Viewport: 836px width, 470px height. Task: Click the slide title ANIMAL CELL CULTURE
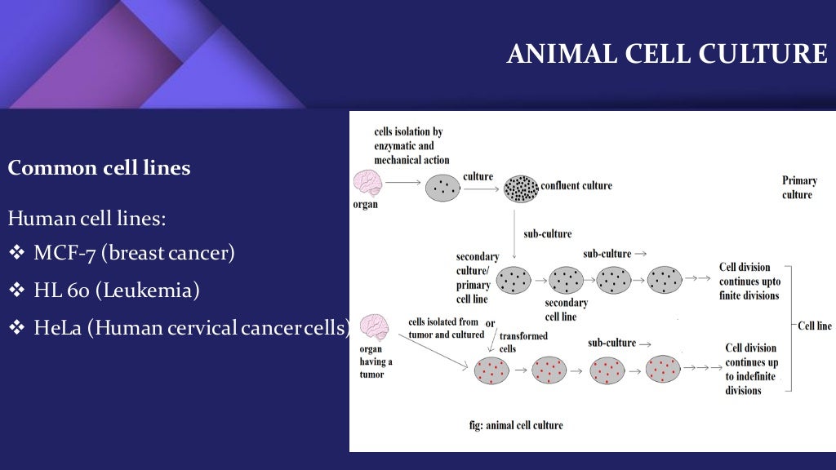click(666, 54)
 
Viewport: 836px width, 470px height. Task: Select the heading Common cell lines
click(99, 168)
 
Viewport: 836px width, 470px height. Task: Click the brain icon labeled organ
click(367, 183)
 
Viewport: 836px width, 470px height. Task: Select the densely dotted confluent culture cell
click(521, 188)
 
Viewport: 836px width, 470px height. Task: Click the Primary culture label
click(798, 188)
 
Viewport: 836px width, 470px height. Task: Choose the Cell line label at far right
click(813, 326)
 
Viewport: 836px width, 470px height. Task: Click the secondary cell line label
click(566, 309)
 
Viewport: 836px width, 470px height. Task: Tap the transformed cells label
click(523, 342)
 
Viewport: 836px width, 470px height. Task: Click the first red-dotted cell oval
click(491, 370)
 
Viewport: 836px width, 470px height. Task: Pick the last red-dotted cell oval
click(662, 369)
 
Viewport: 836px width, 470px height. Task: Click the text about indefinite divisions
click(751, 369)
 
